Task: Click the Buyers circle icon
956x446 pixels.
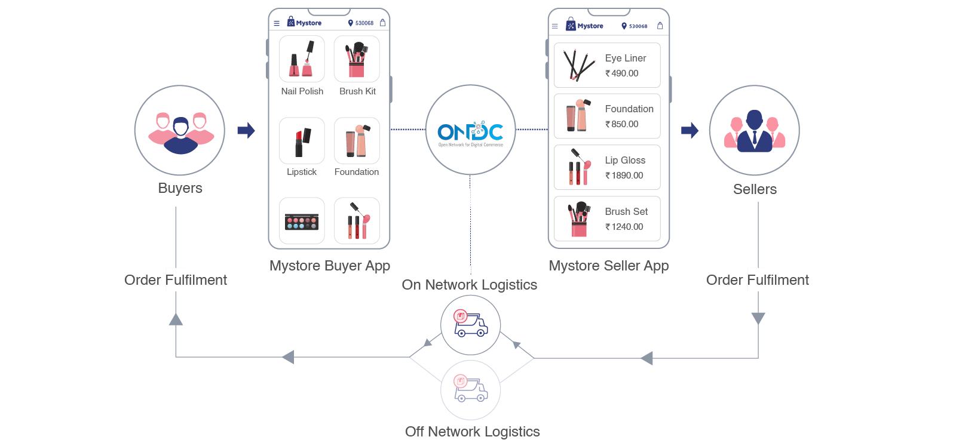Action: pyautogui.click(x=180, y=130)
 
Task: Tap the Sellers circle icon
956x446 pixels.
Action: pyautogui.click(x=754, y=130)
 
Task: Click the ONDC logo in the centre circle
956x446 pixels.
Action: pyautogui.click(x=470, y=132)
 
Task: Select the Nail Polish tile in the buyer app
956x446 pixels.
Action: pyautogui.click(x=302, y=59)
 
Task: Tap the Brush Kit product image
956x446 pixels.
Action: pyautogui.click(x=357, y=59)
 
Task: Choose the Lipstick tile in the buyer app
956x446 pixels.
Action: pyautogui.click(x=302, y=141)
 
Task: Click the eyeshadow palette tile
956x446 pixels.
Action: pyautogui.click(x=302, y=221)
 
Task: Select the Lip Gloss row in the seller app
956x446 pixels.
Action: pyautogui.click(x=607, y=167)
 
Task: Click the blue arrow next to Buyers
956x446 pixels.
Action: pyautogui.click(x=246, y=130)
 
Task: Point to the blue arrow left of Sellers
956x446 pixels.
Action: pyautogui.click(x=690, y=130)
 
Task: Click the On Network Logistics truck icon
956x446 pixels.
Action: pyautogui.click(x=471, y=325)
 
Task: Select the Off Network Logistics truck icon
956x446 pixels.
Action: pyautogui.click(x=471, y=390)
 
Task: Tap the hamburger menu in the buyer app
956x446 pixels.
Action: pyautogui.click(x=277, y=23)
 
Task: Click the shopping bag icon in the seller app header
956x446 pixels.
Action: pyautogui.click(x=660, y=26)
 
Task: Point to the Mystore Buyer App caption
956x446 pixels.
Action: pyautogui.click(x=330, y=266)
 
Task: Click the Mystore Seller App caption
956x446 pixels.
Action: pyautogui.click(x=609, y=266)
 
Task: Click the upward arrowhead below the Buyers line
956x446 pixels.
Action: pyautogui.click(x=176, y=319)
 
